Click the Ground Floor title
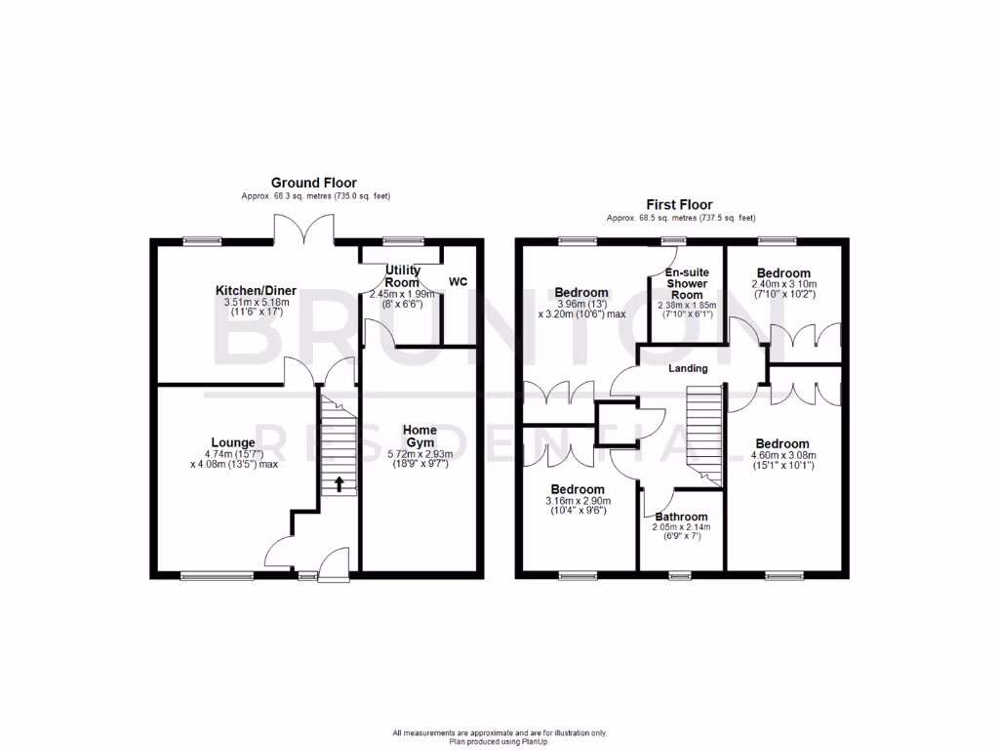coord(313,183)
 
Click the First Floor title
coord(679,204)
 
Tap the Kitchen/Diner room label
coord(256,290)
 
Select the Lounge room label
coord(233,442)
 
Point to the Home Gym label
coord(420,437)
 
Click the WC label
coord(459,282)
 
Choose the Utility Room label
coord(401,275)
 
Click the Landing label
coord(687,369)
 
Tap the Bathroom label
coord(681,517)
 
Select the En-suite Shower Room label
coord(687,283)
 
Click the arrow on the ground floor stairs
coord(340,482)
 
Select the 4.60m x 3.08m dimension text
coord(782,454)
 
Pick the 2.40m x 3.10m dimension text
coord(783,284)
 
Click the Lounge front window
coord(208,576)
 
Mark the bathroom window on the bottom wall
coord(680,576)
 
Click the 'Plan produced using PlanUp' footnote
coord(499,741)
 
